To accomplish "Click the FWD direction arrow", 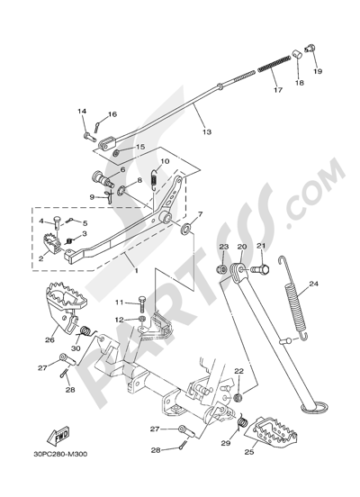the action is click(58, 436).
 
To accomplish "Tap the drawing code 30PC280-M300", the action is click(60, 454).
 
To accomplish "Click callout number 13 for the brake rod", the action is click(207, 131).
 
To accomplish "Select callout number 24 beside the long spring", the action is click(313, 284).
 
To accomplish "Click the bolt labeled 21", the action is click(260, 270).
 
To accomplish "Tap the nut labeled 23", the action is click(222, 270).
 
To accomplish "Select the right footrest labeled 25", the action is click(272, 431).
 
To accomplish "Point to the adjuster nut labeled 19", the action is click(310, 49).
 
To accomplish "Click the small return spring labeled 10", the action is click(154, 179).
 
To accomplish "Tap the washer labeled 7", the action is click(185, 229).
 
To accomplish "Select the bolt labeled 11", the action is click(141, 303).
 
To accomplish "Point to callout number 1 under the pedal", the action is click(136, 271).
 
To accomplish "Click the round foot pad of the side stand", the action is click(315, 408).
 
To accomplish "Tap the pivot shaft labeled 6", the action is click(102, 178).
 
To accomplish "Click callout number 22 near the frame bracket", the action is click(238, 371).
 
